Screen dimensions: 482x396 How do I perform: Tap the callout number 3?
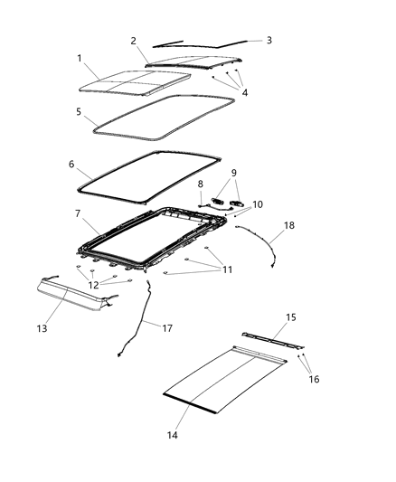coord(269,40)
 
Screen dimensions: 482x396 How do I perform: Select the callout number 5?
coord(79,113)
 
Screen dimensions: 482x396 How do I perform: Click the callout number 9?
coord(234,172)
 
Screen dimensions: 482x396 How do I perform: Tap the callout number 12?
coord(92,285)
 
